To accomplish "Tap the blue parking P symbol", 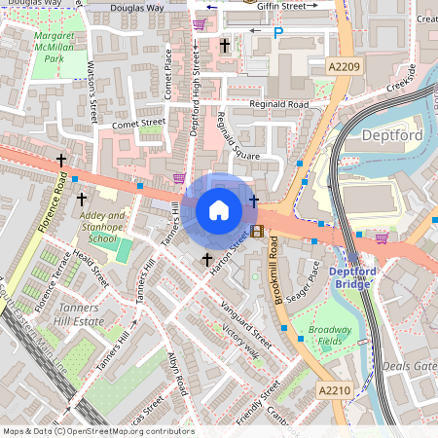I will [278, 33].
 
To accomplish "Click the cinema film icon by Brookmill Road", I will [256, 231].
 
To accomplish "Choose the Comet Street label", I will [138, 125].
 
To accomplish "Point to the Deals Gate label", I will [409, 366].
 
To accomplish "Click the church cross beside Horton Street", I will [206, 259].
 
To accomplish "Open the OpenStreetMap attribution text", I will [97, 430].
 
